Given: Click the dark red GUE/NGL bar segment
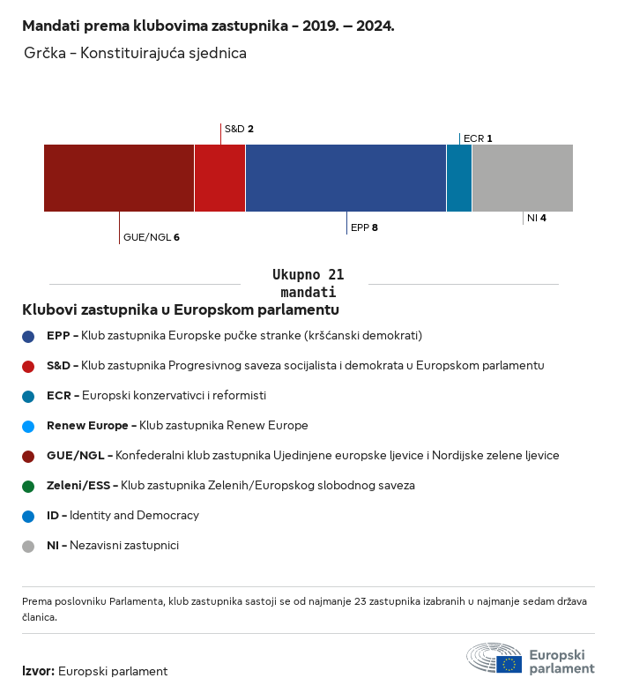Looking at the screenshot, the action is [119, 178].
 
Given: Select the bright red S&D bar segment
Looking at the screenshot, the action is [220, 178].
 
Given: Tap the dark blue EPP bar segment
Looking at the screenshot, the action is [346, 178].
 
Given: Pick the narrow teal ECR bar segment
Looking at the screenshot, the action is [459, 178].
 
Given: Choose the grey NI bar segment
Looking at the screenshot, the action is [523, 178].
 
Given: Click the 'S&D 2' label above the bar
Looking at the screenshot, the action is [239, 129].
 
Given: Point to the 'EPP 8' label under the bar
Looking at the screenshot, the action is [364, 227].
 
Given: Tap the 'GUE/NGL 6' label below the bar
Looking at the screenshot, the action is [151, 237].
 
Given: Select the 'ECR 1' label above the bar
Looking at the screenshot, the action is [478, 138].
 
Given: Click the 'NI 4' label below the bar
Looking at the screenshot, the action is [537, 218].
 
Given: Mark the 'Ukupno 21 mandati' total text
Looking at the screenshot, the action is [308, 283].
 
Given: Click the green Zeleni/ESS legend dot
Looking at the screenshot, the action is [28, 487].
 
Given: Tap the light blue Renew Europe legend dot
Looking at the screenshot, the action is [28, 427].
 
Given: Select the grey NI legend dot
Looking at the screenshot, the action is [28, 547].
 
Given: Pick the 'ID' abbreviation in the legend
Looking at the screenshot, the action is [53, 515].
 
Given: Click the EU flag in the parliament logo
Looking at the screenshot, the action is [509, 664].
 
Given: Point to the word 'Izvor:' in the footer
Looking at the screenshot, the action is [39, 671].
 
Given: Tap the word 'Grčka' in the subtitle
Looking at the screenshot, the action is [45, 53].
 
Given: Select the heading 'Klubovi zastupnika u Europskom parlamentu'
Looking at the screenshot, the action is [181, 309].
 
